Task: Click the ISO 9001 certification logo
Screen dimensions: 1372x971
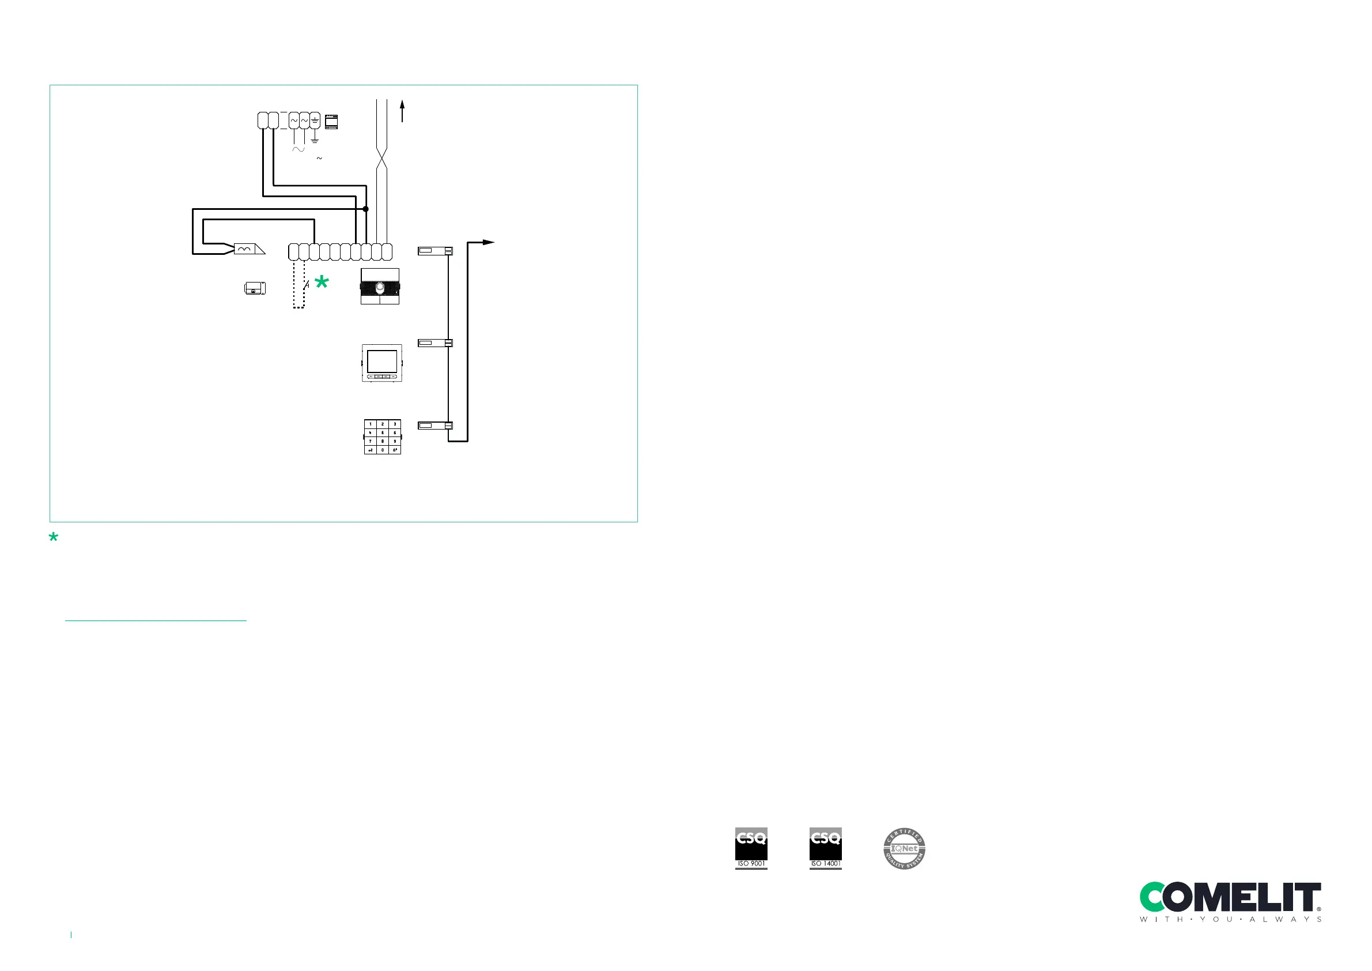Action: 751,848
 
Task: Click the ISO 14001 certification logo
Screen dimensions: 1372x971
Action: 825,848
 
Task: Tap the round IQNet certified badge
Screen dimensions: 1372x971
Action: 904,848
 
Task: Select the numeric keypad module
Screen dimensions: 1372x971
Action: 383,436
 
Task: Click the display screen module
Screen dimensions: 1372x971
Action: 382,363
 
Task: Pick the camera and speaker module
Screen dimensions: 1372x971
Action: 380,287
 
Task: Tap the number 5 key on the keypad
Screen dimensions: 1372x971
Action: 383,432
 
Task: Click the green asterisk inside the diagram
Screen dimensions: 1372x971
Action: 322,282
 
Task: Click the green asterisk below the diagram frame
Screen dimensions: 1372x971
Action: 54,537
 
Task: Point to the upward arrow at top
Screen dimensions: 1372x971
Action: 402,111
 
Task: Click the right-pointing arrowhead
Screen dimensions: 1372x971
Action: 489,242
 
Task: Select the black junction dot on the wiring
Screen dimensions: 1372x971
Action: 366,209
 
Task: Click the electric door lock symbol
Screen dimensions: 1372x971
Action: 255,288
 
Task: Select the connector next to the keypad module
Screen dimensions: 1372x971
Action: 435,426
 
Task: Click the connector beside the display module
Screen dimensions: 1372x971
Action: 435,343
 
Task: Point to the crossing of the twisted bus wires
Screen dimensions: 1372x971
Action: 382,159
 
